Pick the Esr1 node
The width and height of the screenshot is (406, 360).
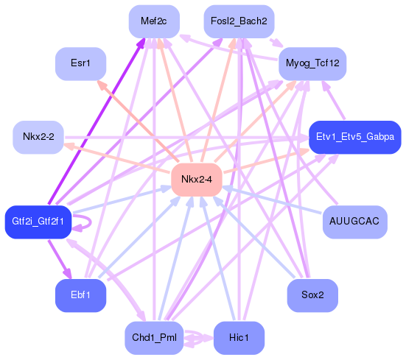point(81,64)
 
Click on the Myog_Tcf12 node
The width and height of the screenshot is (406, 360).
point(312,64)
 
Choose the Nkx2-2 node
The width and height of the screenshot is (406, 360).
point(38,137)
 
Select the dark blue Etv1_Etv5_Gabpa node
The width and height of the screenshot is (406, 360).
point(354,137)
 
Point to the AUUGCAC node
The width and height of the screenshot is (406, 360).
point(354,222)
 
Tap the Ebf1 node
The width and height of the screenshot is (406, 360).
point(81,295)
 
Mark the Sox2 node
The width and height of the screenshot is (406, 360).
point(312,295)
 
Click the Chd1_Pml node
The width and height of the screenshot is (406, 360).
point(154,338)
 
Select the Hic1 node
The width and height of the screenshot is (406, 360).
point(238,338)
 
